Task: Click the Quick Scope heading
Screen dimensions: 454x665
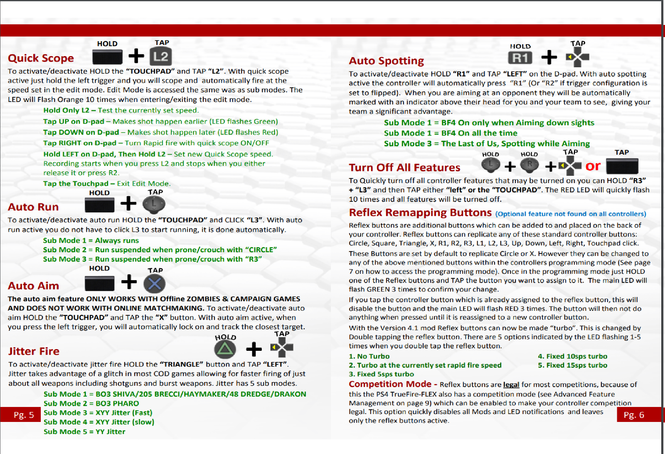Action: [41, 58]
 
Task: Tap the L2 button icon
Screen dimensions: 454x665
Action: [161, 57]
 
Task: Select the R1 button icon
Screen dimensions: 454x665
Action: [520, 57]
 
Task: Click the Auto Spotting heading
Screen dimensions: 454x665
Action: [386, 61]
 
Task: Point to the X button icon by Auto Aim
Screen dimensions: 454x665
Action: [154, 284]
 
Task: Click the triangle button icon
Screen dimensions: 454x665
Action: [225, 349]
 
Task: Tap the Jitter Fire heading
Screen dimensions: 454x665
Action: [34, 351]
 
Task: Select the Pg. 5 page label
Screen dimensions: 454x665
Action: [24, 415]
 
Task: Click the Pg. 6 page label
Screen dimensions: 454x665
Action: [634, 415]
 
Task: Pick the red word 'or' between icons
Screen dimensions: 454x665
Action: [593, 166]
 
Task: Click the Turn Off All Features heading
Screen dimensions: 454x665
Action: [404, 168]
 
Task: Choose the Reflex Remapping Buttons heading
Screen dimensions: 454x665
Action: [420, 213]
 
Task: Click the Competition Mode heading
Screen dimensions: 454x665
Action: [390, 384]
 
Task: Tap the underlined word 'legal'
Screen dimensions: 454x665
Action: [511, 385]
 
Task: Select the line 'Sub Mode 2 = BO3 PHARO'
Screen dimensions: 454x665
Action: [91, 403]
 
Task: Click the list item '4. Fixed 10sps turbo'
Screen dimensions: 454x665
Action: [572, 356]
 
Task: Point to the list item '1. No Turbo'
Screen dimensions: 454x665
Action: [369, 356]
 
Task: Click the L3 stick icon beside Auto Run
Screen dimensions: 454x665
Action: [154, 204]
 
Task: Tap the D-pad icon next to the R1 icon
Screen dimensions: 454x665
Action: [578, 57]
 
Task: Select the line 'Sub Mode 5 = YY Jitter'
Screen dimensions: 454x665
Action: [84, 432]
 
